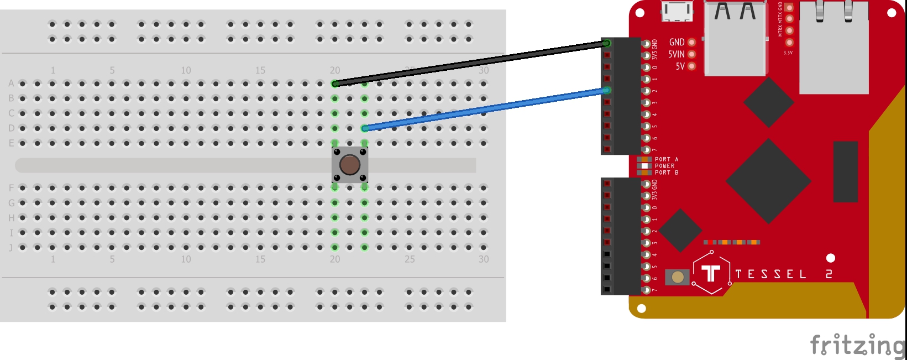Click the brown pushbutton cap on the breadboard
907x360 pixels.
(x=349, y=164)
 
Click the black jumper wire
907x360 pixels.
(x=470, y=63)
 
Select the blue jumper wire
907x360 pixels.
(x=486, y=109)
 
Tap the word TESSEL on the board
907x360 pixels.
(x=770, y=274)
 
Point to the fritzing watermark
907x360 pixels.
(x=857, y=346)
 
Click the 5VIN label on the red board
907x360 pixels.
(x=676, y=54)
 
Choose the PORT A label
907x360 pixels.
(x=666, y=159)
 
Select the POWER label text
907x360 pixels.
(x=664, y=166)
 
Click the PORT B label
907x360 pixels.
(x=666, y=173)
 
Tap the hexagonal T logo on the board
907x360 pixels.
(x=711, y=273)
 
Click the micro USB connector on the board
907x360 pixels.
(x=678, y=11)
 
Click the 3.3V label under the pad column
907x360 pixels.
(x=788, y=53)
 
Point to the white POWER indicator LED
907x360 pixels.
(x=644, y=166)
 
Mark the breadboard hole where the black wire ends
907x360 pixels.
(x=335, y=84)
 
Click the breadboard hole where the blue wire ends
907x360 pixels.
(x=365, y=128)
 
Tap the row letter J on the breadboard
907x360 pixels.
(x=11, y=248)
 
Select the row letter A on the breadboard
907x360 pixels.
(x=11, y=84)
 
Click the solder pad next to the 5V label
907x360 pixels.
(x=691, y=66)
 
